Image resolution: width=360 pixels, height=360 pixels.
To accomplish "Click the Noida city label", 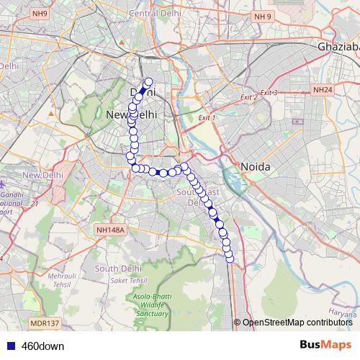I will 255,166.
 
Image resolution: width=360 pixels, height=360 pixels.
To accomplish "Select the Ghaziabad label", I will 337,47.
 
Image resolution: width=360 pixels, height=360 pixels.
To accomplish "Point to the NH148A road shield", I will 110,230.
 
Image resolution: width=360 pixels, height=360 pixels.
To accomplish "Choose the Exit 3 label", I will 269,93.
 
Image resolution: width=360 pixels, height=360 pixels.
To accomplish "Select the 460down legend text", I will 42,346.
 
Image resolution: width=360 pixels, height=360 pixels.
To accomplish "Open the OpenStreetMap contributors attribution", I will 297,323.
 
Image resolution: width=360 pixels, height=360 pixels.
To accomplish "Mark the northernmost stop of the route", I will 149,82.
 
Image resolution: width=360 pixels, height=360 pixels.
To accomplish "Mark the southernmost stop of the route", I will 230,259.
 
